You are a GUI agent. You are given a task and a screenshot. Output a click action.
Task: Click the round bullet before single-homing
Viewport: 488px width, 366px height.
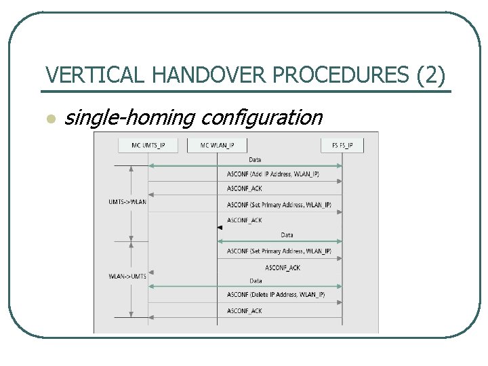[49, 119]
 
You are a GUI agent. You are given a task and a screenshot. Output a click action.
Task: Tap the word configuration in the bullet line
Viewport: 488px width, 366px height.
[262, 118]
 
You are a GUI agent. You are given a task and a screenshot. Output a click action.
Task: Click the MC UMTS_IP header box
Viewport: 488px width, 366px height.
[148, 145]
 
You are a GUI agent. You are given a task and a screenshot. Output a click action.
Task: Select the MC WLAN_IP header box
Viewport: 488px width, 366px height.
[218, 145]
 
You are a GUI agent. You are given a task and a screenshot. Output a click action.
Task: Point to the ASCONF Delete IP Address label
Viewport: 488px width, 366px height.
[275, 295]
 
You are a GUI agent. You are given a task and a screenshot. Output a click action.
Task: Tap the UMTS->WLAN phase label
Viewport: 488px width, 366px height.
[127, 201]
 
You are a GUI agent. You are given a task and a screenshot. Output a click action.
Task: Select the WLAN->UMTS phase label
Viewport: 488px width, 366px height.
[127, 276]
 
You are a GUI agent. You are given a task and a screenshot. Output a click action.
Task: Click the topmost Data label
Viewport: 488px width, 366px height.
[255, 160]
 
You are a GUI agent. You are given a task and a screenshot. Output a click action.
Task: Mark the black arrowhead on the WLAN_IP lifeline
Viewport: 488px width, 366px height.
[220, 228]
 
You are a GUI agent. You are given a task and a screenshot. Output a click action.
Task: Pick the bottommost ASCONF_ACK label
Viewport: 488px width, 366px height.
[244, 310]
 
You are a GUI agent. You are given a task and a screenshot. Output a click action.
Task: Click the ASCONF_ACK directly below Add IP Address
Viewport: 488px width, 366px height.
[244, 189]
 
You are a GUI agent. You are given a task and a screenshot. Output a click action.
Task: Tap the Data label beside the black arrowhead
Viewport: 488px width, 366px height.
[287, 235]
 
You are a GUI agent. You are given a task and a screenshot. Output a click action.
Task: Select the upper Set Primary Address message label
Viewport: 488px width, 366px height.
[279, 205]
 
